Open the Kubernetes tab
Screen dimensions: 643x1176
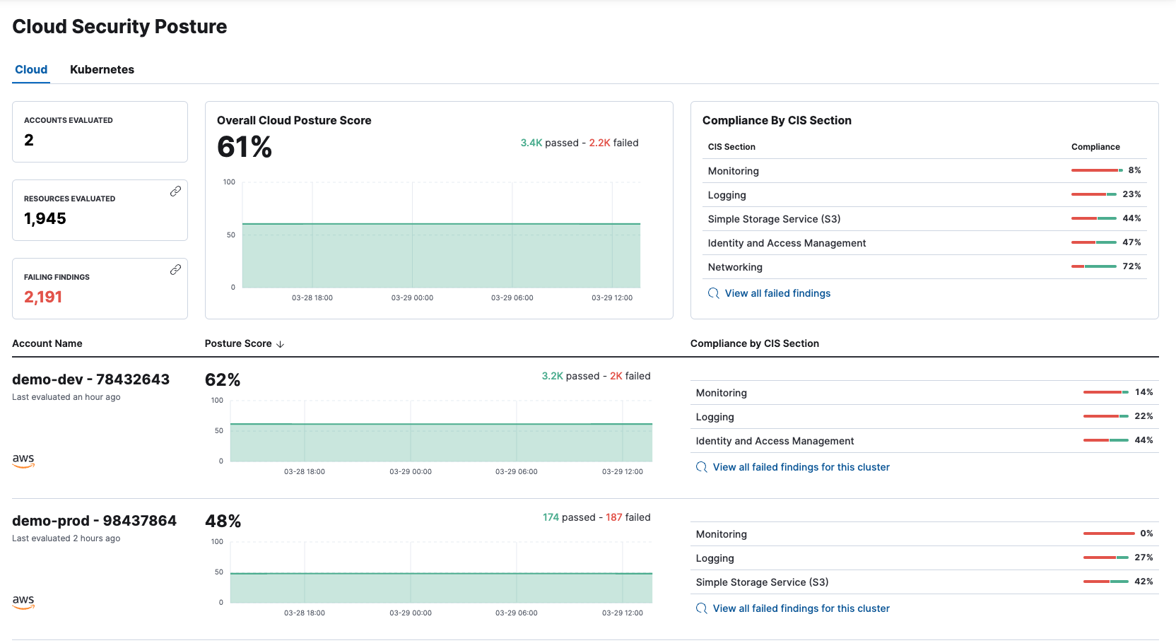click(x=102, y=69)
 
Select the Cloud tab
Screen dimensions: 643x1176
click(x=31, y=69)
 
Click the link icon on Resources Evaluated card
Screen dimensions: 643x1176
click(x=175, y=191)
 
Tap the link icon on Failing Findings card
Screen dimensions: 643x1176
click(x=175, y=270)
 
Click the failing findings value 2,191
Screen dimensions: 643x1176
click(x=43, y=297)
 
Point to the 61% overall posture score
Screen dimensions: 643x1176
click(x=245, y=147)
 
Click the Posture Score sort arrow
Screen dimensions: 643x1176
click(x=281, y=344)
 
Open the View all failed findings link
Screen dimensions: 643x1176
click(x=777, y=293)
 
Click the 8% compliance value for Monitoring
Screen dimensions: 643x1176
click(x=1134, y=170)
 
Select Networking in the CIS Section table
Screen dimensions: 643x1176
click(x=735, y=267)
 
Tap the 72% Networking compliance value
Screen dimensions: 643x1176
click(x=1131, y=266)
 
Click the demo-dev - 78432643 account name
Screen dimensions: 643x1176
click(x=91, y=379)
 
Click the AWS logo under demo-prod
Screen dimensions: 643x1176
click(x=23, y=601)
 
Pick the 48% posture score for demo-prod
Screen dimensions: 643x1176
click(x=223, y=521)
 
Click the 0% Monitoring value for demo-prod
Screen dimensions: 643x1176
click(x=1146, y=533)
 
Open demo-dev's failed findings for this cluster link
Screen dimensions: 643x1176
click(x=801, y=467)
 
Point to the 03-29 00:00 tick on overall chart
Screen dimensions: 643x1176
click(x=412, y=298)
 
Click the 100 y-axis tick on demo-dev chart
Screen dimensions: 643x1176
click(x=217, y=401)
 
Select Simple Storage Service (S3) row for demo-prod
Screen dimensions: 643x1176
click(x=762, y=582)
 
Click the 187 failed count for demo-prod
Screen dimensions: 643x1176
click(x=613, y=517)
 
